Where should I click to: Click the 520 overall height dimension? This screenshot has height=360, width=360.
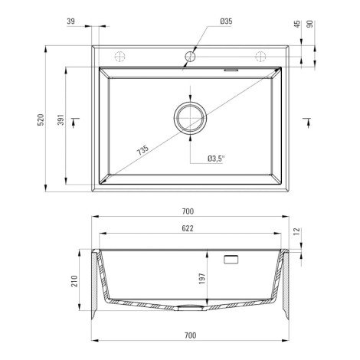click(41, 119)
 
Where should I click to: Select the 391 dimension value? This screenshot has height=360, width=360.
click(61, 119)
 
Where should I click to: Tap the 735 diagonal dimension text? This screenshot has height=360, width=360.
click(142, 150)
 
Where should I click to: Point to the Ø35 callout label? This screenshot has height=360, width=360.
click(226, 21)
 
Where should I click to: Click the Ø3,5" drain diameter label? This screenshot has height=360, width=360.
click(216, 159)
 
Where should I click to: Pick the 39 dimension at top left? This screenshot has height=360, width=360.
click(71, 21)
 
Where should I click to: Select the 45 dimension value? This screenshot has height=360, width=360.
click(297, 25)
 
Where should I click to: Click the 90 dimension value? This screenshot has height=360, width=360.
click(309, 25)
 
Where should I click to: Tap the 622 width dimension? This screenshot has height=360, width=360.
click(188, 228)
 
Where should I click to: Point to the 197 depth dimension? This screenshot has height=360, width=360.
click(202, 279)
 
